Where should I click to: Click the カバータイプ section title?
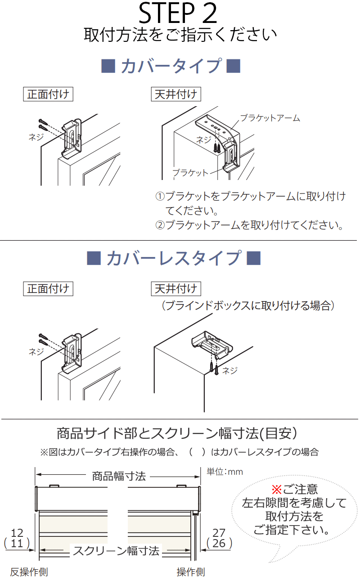pos(171,66)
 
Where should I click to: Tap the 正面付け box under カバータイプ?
pos(48,94)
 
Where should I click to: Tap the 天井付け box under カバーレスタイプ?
pos(176,288)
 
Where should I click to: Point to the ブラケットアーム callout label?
pos(270,118)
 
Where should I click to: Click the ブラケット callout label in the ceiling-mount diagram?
pos(191,173)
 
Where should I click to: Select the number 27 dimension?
pos(219,533)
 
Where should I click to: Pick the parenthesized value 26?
pos(219,544)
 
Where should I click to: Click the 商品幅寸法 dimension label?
pos(119,476)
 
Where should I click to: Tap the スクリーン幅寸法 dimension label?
pos(116,551)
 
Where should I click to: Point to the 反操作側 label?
pos(29,572)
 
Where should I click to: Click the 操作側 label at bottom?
pos(191,572)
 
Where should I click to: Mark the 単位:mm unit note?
pos(225,472)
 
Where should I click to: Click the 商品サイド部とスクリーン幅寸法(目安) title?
pos(177,433)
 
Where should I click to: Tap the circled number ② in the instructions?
pos(160,225)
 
